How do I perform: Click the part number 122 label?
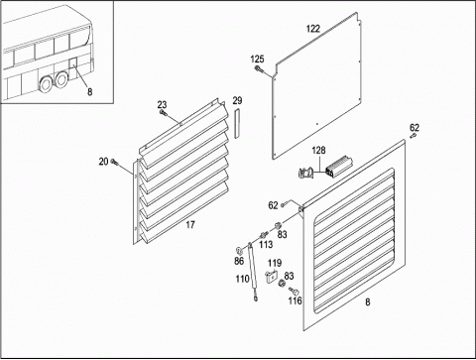(x=313, y=29)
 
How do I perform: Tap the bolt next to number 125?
(x=259, y=69)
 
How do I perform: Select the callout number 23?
(x=162, y=105)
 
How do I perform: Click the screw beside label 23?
(x=163, y=113)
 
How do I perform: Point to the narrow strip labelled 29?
(x=238, y=123)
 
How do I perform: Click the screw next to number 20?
(x=114, y=162)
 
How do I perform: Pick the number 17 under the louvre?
(x=190, y=225)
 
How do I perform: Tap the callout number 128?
(x=318, y=151)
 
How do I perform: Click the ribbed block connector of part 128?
(x=339, y=166)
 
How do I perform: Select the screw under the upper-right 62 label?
(x=413, y=136)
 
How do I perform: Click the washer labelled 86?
(x=239, y=250)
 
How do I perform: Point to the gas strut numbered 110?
(x=253, y=272)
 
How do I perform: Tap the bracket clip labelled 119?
(x=271, y=277)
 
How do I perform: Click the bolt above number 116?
(x=294, y=292)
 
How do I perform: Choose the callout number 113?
(x=266, y=244)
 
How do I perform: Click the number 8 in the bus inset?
(x=90, y=91)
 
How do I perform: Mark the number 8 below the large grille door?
(x=368, y=301)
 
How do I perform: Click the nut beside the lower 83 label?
(x=282, y=284)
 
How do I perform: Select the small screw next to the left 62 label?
(x=283, y=205)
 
